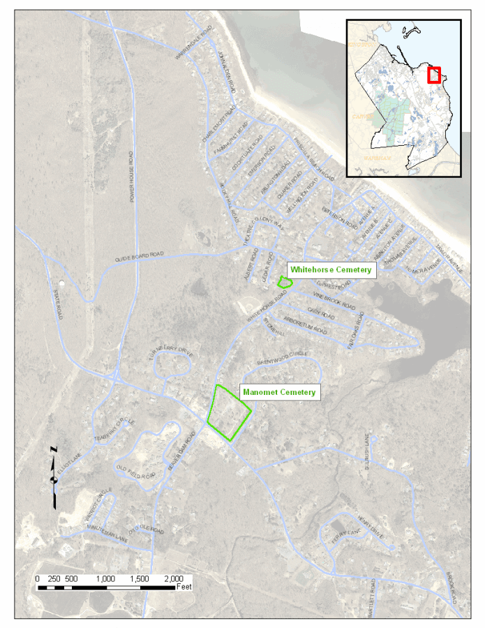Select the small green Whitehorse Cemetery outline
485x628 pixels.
click(x=284, y=283)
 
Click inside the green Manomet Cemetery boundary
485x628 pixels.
click(x=228, y=414)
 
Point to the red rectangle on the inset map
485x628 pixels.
click(x=433, y=75)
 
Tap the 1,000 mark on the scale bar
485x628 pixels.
click(x=105, y=579)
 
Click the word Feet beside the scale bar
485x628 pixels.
click(x=184, y=588)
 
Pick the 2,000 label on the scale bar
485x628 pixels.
click(x=172, y=579)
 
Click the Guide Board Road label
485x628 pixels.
click(x=140, y=257)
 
